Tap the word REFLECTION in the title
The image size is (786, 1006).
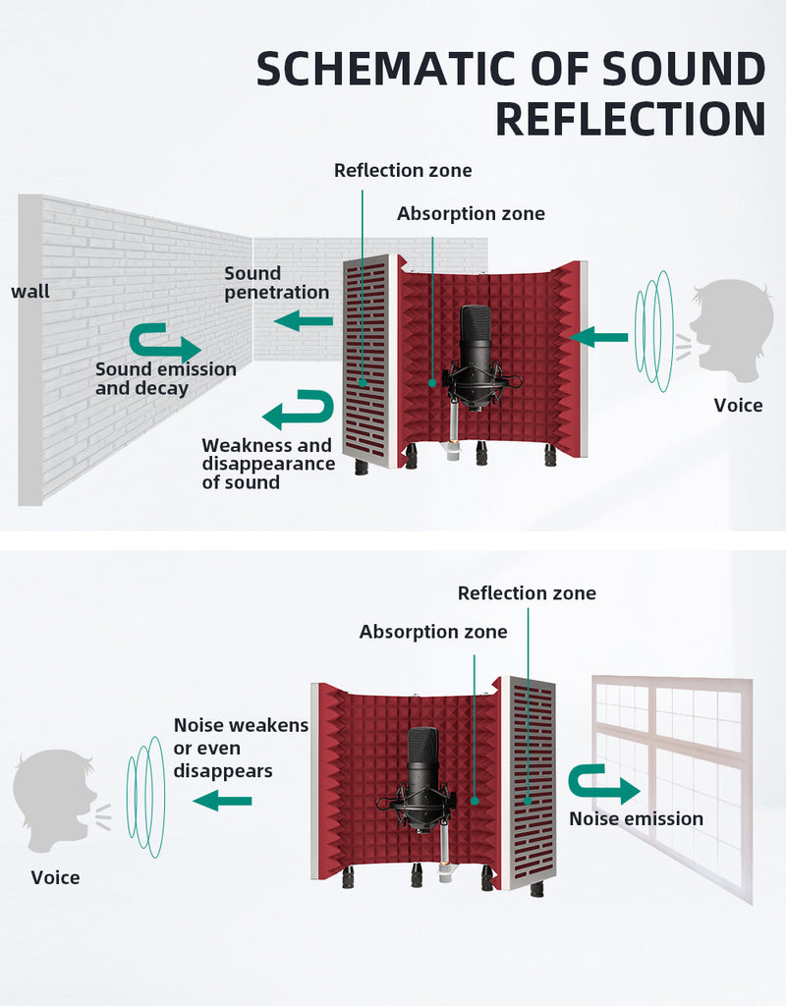(x=631, y=119)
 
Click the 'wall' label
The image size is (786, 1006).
(x=30, y=291)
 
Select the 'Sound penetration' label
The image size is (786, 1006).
(x=276, y=283)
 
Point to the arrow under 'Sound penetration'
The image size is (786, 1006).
(x=304, y=321)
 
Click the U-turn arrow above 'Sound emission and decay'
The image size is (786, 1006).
(x=165, y=343)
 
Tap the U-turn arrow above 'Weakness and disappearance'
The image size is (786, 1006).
(x=299, y=410)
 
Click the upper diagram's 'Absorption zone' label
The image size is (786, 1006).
(x=471, y=213)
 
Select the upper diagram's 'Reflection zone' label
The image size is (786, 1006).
(x=403, y=170)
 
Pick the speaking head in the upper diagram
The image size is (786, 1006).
(x=733, y=326)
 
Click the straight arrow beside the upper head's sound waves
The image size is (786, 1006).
(x=598, y=337)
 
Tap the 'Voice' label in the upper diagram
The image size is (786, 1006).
(x=739, y=406)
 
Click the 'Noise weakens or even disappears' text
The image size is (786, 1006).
(x=241, y=748)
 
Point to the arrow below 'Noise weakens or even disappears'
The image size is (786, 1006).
(x=222, y=801)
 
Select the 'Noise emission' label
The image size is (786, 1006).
(x=636, y=818)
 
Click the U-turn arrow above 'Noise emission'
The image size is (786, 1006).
(x=604, y=784)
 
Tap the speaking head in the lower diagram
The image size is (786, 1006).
(x=54, y=801)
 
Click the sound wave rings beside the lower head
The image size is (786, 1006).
(x=146, y=797)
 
